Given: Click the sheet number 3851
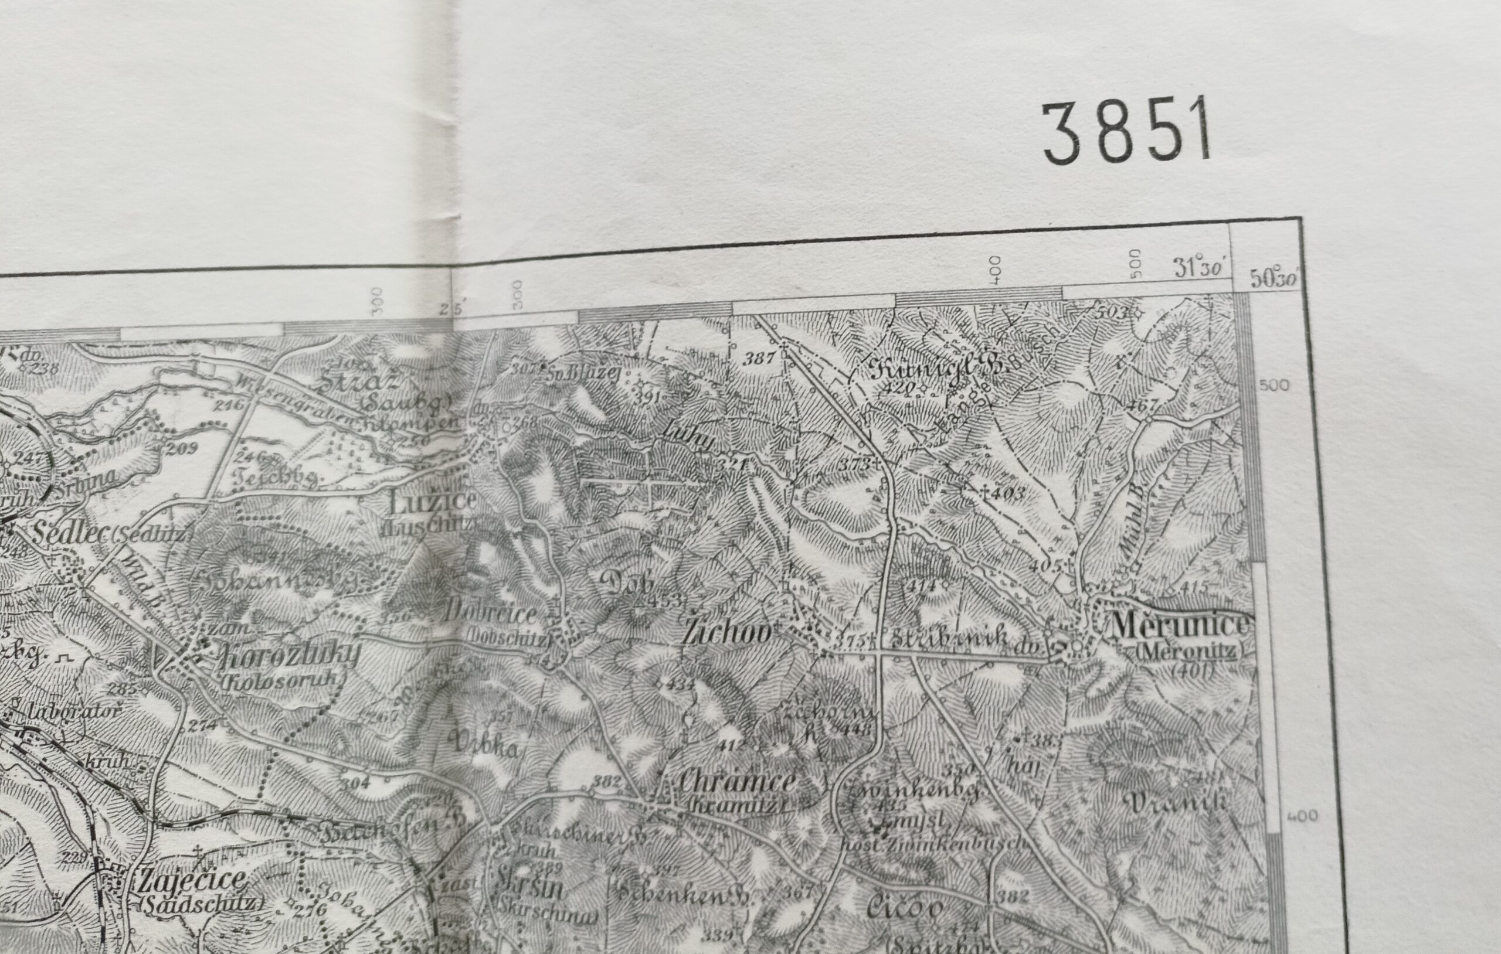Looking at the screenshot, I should (1127, 134).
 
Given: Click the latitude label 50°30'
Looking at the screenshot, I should (1274, 278).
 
